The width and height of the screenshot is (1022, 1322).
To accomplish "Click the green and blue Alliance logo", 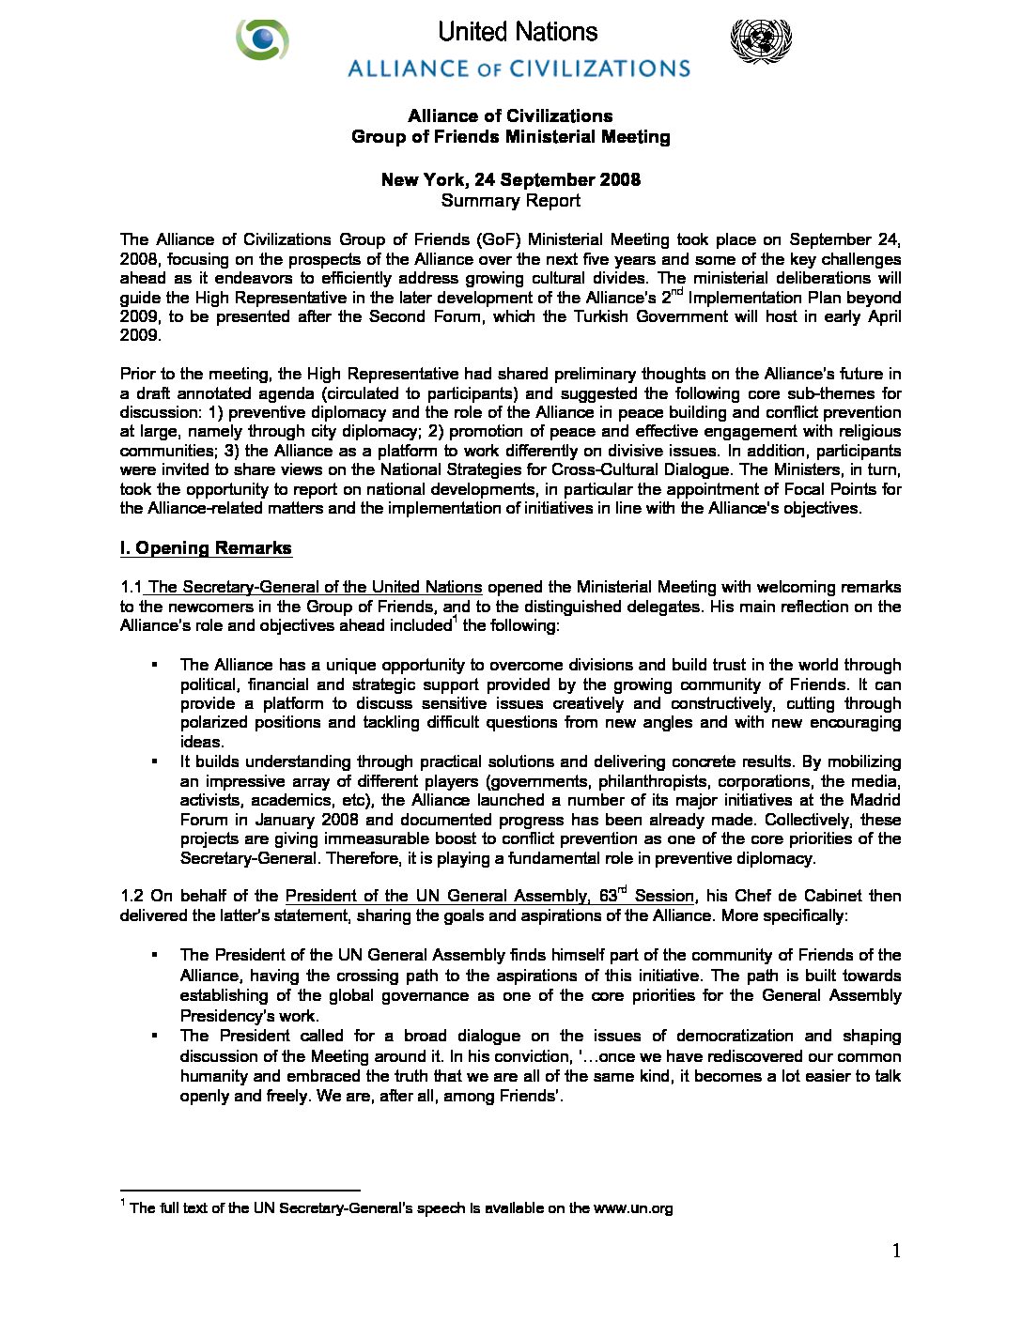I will (x=262, y=39).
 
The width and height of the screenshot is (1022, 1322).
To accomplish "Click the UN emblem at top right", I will (x=760, y=41).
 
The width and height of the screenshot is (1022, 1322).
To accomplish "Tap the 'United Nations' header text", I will (x=518, y=32).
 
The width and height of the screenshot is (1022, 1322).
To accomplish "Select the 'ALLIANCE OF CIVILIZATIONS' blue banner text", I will (x=519, y=69).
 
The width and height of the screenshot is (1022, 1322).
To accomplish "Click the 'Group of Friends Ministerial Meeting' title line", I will (x=510, y=137).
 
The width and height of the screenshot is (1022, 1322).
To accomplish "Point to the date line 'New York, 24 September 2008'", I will (x=510, y=179).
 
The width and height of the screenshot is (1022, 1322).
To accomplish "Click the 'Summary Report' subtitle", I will (x=510, y=200).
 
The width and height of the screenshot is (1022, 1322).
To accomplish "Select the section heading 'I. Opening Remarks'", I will (x=206, y=548).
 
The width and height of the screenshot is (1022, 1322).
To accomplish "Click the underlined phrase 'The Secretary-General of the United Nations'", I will (x=315, y=587).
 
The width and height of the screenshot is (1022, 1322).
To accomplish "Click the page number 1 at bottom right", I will (x=896, y=1251).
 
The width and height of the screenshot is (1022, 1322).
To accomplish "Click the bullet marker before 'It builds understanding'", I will (x=153, y=761).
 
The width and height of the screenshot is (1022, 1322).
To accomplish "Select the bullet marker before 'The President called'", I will (x=153, y=1036).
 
